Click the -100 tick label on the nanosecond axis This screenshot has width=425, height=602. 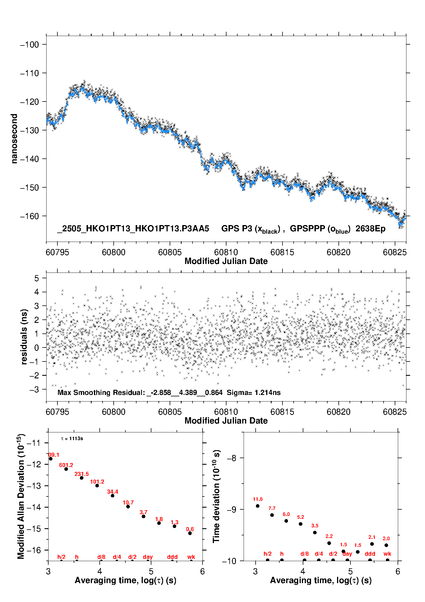click(x=29, y=45)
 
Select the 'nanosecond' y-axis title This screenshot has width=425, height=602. click(x=14, y=139)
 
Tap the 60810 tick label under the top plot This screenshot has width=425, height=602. click(x=226, y=252)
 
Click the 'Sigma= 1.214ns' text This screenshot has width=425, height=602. click(x=254, y=392)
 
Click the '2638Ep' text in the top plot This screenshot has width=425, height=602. click(x=370, y=229)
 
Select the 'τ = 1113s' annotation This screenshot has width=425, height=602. click(x=72, y=438)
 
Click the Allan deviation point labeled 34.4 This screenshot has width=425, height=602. click(x=113, y=496)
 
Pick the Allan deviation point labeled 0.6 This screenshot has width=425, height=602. click(x=190, y=533)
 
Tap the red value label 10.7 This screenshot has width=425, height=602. click(x=128, y=502)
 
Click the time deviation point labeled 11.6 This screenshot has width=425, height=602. click(x=258, y=506)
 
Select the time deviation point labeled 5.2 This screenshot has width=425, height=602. click(x=300, y=524)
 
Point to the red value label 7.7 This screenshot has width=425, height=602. click(x=272, y=508)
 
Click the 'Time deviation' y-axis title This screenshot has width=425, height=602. click(x=216, y=496)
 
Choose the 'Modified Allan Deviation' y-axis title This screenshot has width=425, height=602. click(x=21, y=496)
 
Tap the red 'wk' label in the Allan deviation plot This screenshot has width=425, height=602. click(x=191, y=557)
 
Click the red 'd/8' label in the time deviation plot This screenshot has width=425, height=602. click(x=304, y=554)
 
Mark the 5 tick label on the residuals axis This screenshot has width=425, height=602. click(x=36, y=278)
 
